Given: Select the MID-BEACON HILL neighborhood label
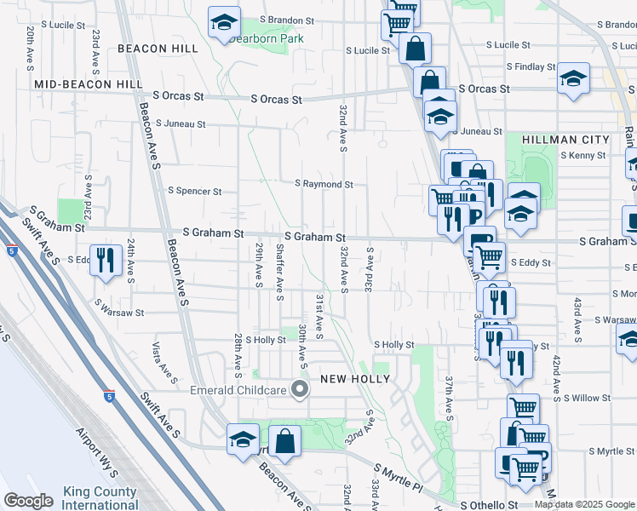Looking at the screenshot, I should (89, 85).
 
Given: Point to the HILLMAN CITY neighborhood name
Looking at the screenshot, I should (566, 140).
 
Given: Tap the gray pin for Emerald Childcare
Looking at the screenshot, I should (300, 390).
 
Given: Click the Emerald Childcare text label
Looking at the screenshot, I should (240, 391).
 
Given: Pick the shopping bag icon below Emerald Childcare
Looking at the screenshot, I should (286, 441).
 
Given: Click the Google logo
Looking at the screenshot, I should (28, 501).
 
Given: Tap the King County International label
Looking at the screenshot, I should (100, 498).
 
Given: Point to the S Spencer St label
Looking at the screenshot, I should (195, 192).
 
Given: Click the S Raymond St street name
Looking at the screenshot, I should (324, 184).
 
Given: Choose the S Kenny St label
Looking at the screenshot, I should (583, 156).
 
